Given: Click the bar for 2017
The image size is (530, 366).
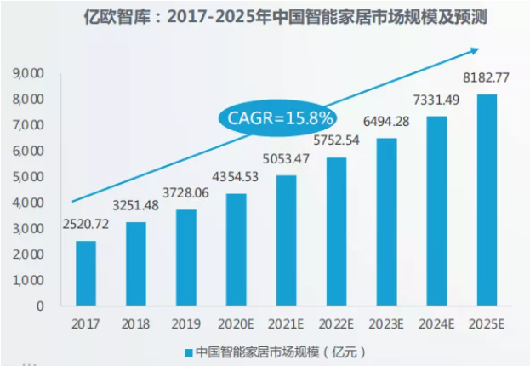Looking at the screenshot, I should click(86, 272).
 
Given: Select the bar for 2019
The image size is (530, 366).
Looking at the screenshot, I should click(186, 257).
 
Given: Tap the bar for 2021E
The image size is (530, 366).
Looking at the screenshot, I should click(286, 240).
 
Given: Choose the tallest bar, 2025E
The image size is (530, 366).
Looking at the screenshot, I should click(486, 199).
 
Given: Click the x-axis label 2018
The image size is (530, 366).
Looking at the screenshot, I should click(136, 324).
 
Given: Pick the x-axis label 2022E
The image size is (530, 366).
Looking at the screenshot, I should click(336, 324).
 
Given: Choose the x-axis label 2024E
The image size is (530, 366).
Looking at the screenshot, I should click(436, 324).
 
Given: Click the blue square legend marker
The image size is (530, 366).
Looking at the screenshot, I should click(187, 351).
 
